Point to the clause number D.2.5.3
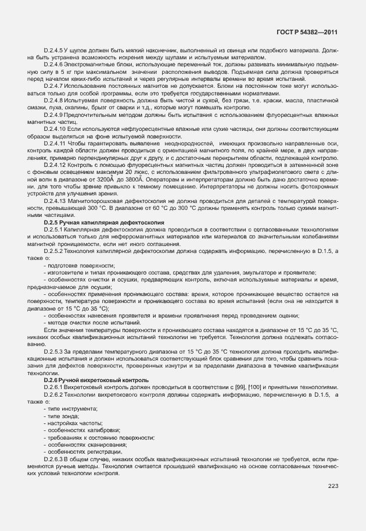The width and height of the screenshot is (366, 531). tap(54, 351)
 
